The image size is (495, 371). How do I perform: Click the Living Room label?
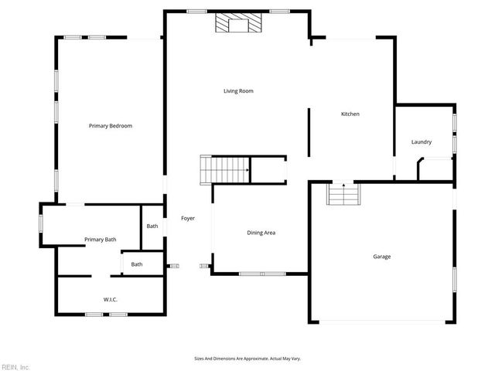(x=238, y=91)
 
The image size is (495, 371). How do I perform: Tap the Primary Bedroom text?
(x=111, y=125)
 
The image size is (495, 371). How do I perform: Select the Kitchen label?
(x=350, y=114)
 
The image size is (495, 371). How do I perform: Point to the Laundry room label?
(x=422, y=142)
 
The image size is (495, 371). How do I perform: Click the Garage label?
(x=382, y=257)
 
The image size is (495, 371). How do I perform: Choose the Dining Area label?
(x=261, y=233)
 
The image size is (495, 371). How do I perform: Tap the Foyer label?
(x=188, y=219)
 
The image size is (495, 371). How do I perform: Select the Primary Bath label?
(x=101, y=240)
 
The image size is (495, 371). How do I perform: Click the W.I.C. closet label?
(x=111, y=299)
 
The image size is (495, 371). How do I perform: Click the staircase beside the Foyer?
(x=225, y=168)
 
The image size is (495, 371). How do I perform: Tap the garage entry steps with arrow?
(x=343, y=194)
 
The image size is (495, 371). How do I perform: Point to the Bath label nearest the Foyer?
(x=152, y=226)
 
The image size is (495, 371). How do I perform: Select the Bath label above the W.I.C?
(x=137, y=264)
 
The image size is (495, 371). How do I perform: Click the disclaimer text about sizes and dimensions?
(x=247, y=359)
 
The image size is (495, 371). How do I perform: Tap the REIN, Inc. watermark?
(x=15, y=366)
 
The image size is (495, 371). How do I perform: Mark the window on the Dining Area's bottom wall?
(x=262, y=274)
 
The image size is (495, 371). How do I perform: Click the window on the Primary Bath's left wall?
(x=41, y=223)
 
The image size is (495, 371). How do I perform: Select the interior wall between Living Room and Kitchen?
(x=309, y=132)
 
